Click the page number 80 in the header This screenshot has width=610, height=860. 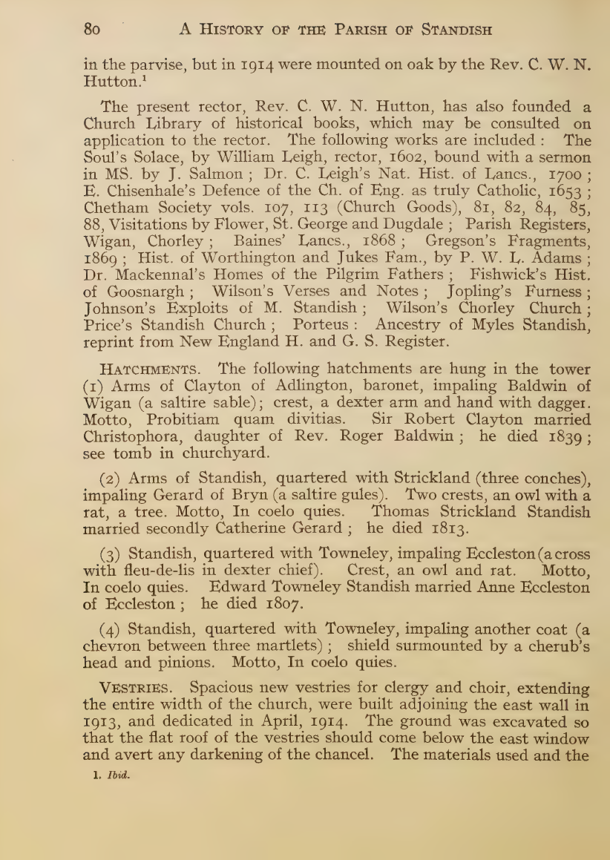coord(92,30)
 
